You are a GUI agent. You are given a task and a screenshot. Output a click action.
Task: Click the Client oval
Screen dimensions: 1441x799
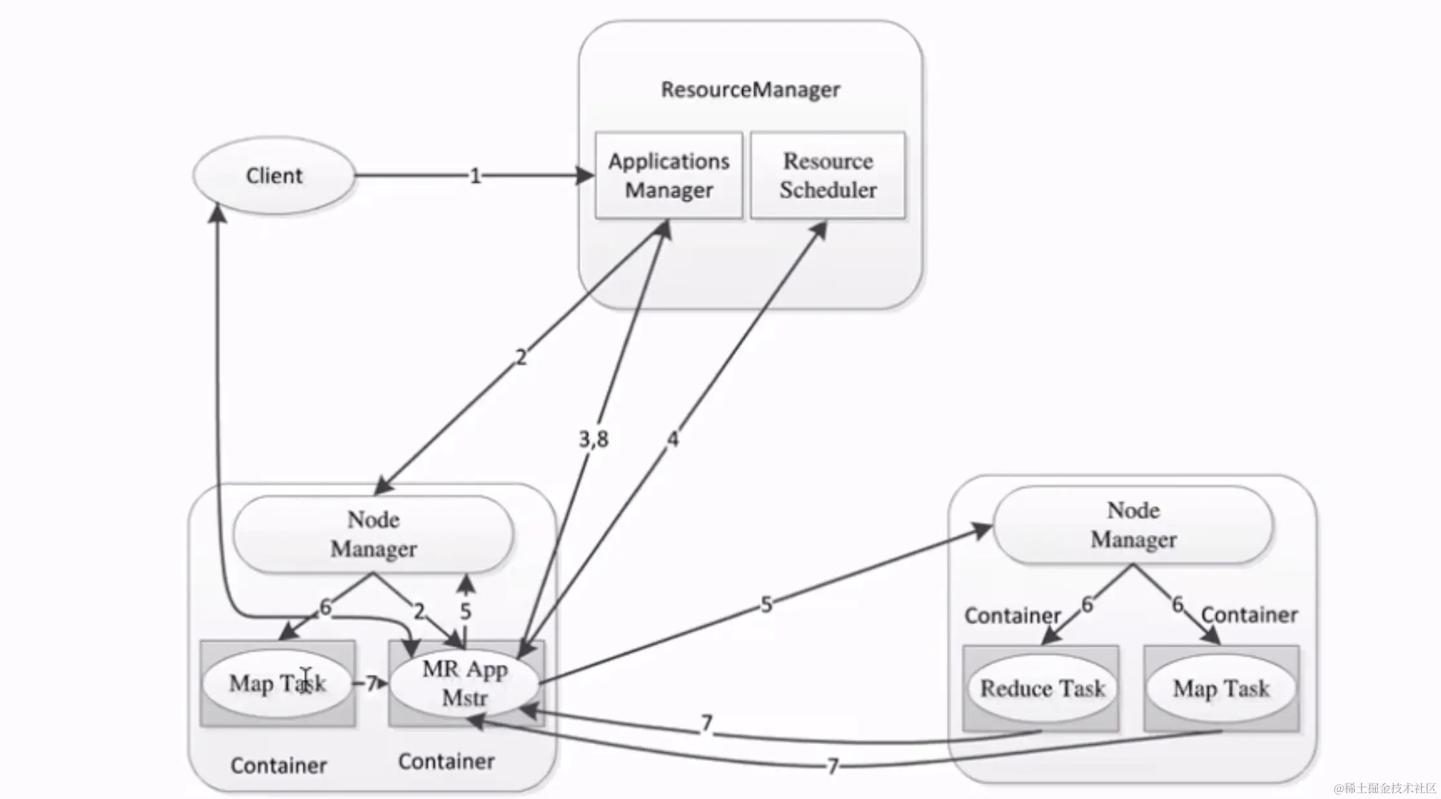coord(274,175)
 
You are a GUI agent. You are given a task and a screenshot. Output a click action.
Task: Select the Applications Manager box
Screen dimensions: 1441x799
coord(669,176)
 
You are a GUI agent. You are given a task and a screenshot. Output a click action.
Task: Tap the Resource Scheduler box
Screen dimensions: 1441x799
coord(828,176)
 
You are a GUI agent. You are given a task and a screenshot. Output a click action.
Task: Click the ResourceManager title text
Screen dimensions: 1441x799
coord(750,89)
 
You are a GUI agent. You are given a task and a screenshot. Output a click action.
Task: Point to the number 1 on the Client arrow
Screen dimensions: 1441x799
coord(475,176)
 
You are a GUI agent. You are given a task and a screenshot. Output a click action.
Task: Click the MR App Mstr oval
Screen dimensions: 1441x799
coord(464,683)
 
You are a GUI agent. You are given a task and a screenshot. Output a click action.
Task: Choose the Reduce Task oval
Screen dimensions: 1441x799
coord(1042,688)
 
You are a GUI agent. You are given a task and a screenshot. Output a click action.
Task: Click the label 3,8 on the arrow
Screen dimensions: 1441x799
coord(593,440)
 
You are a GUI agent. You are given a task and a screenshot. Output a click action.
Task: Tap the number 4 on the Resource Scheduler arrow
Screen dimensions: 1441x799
coord(673,440)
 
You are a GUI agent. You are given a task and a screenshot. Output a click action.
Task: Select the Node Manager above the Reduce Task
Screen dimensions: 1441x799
coord(1133,525)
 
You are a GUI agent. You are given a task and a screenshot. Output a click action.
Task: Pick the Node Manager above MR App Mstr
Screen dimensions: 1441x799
coord(373,534)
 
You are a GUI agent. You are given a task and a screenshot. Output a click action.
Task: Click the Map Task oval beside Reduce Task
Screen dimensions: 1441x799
coord(1221,688)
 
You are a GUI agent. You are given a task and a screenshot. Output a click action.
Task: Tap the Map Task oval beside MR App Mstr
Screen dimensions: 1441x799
coord(278,683)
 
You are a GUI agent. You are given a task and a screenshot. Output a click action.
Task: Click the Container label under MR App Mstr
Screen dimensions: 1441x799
coord(446,762)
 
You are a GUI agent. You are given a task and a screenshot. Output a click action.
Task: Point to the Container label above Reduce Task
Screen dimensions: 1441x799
coord(1012,616)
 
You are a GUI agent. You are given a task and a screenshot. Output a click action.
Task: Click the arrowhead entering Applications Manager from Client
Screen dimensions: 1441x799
coord(586,175)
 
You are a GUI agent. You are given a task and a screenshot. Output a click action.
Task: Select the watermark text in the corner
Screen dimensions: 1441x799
coord(1385,788)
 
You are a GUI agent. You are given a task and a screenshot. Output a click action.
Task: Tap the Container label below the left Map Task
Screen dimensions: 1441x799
coord(278,765)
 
